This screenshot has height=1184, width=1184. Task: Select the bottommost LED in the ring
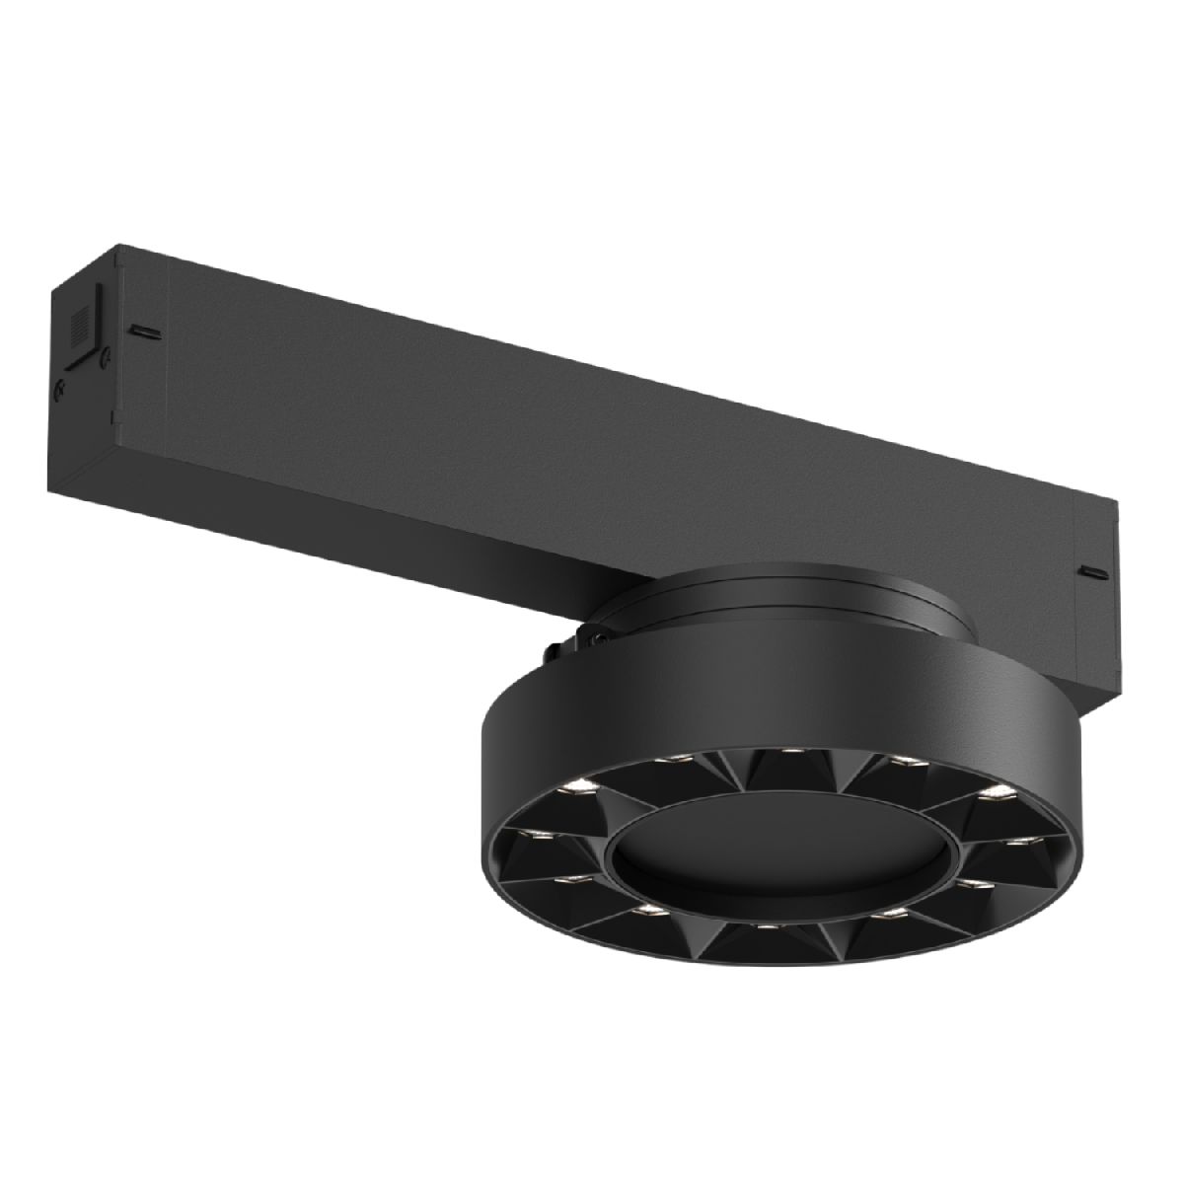(x=769, y=927)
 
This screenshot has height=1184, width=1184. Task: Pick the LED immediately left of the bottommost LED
(x=647, y=907)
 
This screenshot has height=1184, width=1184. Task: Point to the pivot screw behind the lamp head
(x=597, y=639)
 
